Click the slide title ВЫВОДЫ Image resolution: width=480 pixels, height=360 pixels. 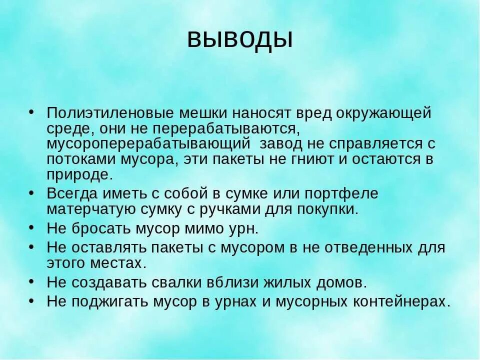(x=239, y=39)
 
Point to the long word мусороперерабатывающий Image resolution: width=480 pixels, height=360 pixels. (x=148, y=144)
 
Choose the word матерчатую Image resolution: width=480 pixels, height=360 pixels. (x=87, y=208)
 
